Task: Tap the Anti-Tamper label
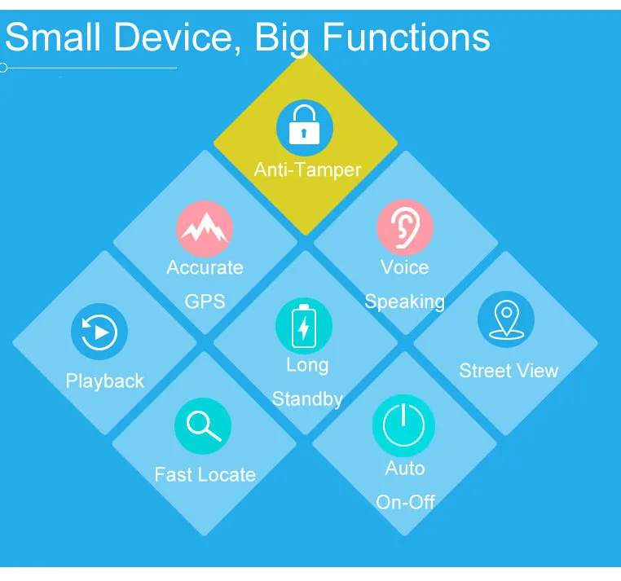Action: (x=307, y=169)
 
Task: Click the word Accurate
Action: (x=205, y=267)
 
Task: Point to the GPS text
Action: (x=205, y=301)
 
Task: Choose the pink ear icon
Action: (x=404, y=227)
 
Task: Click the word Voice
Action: (x=404, y=267)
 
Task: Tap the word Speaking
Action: (x=404, y=302)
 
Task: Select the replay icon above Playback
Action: (x=99, y=332)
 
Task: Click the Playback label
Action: (x=104, y=381)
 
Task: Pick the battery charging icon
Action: (x=304, y=325)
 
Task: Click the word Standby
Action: (x=307, y=399)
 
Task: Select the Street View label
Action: (x=509, y=371)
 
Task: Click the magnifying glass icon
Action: (x=203, y=426)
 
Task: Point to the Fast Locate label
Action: (x=205, y=474)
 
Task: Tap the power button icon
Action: (x=403, y=426)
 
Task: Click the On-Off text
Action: (x=405, y=502)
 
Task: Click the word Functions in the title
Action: (x=407, y=37)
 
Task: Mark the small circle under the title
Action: (x=3, y=68)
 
